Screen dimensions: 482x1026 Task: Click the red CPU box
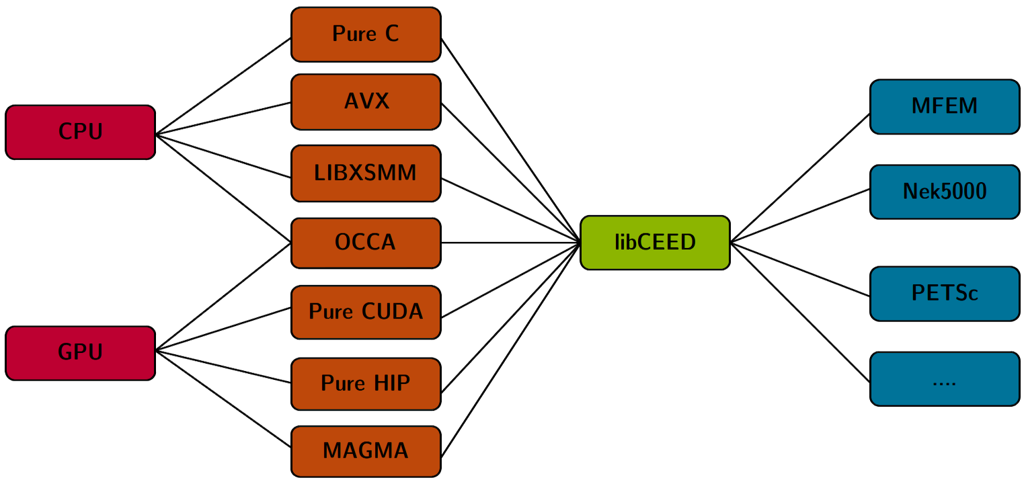(80, 132)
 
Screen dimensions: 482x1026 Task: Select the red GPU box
(80, 353)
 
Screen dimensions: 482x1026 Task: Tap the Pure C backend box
(366, 34)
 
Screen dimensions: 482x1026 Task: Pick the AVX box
(366, 102)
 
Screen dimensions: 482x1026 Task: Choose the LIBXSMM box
(366, 173)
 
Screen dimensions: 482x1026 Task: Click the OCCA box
(366, 242)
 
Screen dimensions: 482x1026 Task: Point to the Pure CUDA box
(366, 312)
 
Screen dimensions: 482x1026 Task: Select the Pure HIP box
(366, 383)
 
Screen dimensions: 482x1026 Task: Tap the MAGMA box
(366, 450)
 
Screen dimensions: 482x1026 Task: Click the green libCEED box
(655, 243)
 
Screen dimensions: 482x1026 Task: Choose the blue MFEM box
(945, 107)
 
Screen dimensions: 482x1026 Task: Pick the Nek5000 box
(945, 192)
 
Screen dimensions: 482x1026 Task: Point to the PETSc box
(945, 294)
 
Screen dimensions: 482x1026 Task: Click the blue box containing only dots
(945, 378)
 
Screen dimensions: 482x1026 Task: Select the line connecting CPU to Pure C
(223, 86)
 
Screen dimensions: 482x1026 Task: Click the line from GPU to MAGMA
(223, 399)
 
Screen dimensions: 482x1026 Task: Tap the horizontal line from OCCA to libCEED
(511, 243)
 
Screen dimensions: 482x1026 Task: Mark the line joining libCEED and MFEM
(800, 178)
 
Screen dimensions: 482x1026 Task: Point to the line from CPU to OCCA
(223, 188)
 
